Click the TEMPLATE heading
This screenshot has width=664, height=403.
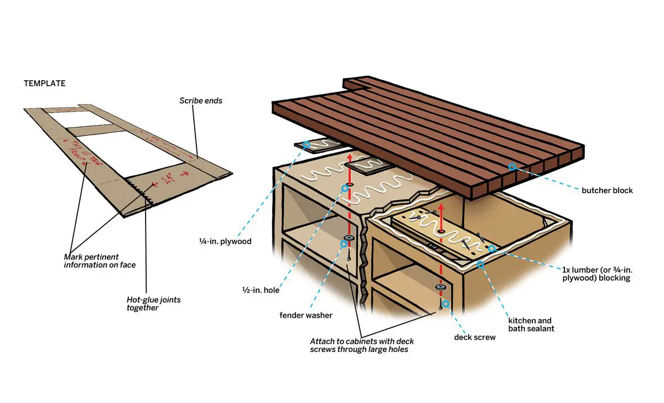point(44,84)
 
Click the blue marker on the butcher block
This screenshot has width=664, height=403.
point(512,166)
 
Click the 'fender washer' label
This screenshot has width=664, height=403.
point(306,315)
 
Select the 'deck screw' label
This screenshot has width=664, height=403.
point(474,337)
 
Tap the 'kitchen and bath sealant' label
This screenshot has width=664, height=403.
point(531,324)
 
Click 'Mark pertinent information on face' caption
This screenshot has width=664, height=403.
point(100,261)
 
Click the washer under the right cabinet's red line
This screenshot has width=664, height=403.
point(441,287)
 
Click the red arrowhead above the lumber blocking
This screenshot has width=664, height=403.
point(441,206)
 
